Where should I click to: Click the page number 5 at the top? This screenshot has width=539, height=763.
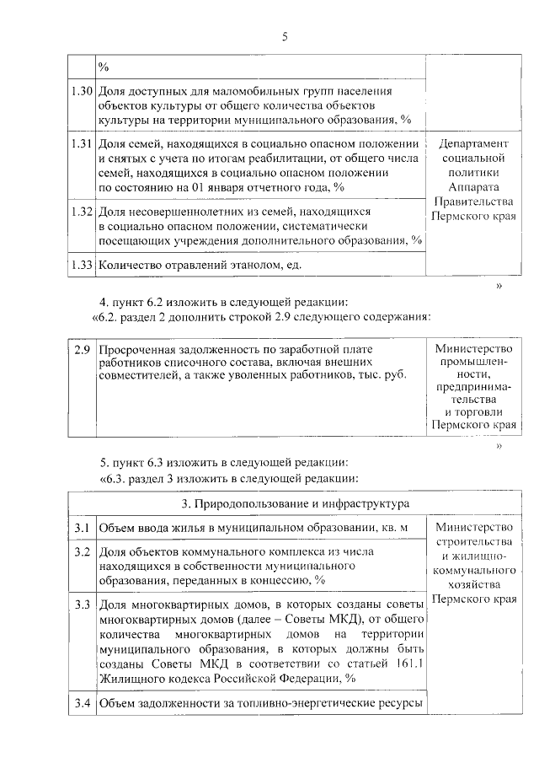[284, 36]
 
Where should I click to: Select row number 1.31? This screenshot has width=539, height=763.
[81, 143]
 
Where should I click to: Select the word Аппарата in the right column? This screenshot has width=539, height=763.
[472, 186]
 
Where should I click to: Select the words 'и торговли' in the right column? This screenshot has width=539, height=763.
[472, 412]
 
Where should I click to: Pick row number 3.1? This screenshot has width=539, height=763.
[82, 529]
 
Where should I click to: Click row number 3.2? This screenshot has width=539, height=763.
[82, 551]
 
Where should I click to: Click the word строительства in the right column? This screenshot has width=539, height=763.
[472, 540]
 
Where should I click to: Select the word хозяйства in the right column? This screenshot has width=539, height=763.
[472, 583]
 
